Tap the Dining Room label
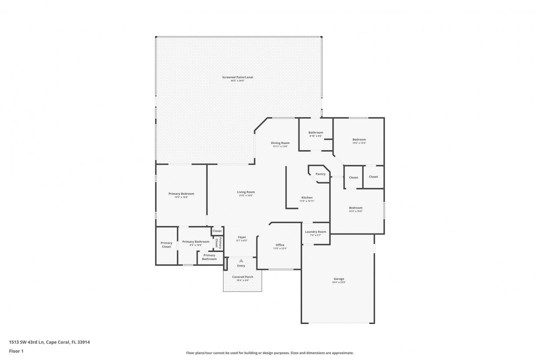pos(280,143)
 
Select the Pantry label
pos(320,174)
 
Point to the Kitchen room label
pos(307,197)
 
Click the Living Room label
pos(246,192)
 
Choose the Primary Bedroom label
pos(181,193)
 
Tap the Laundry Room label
pos(315,231)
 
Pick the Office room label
pos(280,245)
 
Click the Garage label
pos(339,278)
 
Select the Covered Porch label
pos(242,276)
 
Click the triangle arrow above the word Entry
pos(241,260)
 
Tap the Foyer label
pos(241,237)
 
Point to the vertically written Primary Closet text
pos(216,243)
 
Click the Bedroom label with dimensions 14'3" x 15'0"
pos(355,207)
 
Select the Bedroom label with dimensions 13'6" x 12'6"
pos(359,139)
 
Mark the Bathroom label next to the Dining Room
pos(315,132)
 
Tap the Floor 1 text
pos(16,351)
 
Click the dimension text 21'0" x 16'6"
pos(246,195)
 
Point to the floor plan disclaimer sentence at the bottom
pos(269,352)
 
